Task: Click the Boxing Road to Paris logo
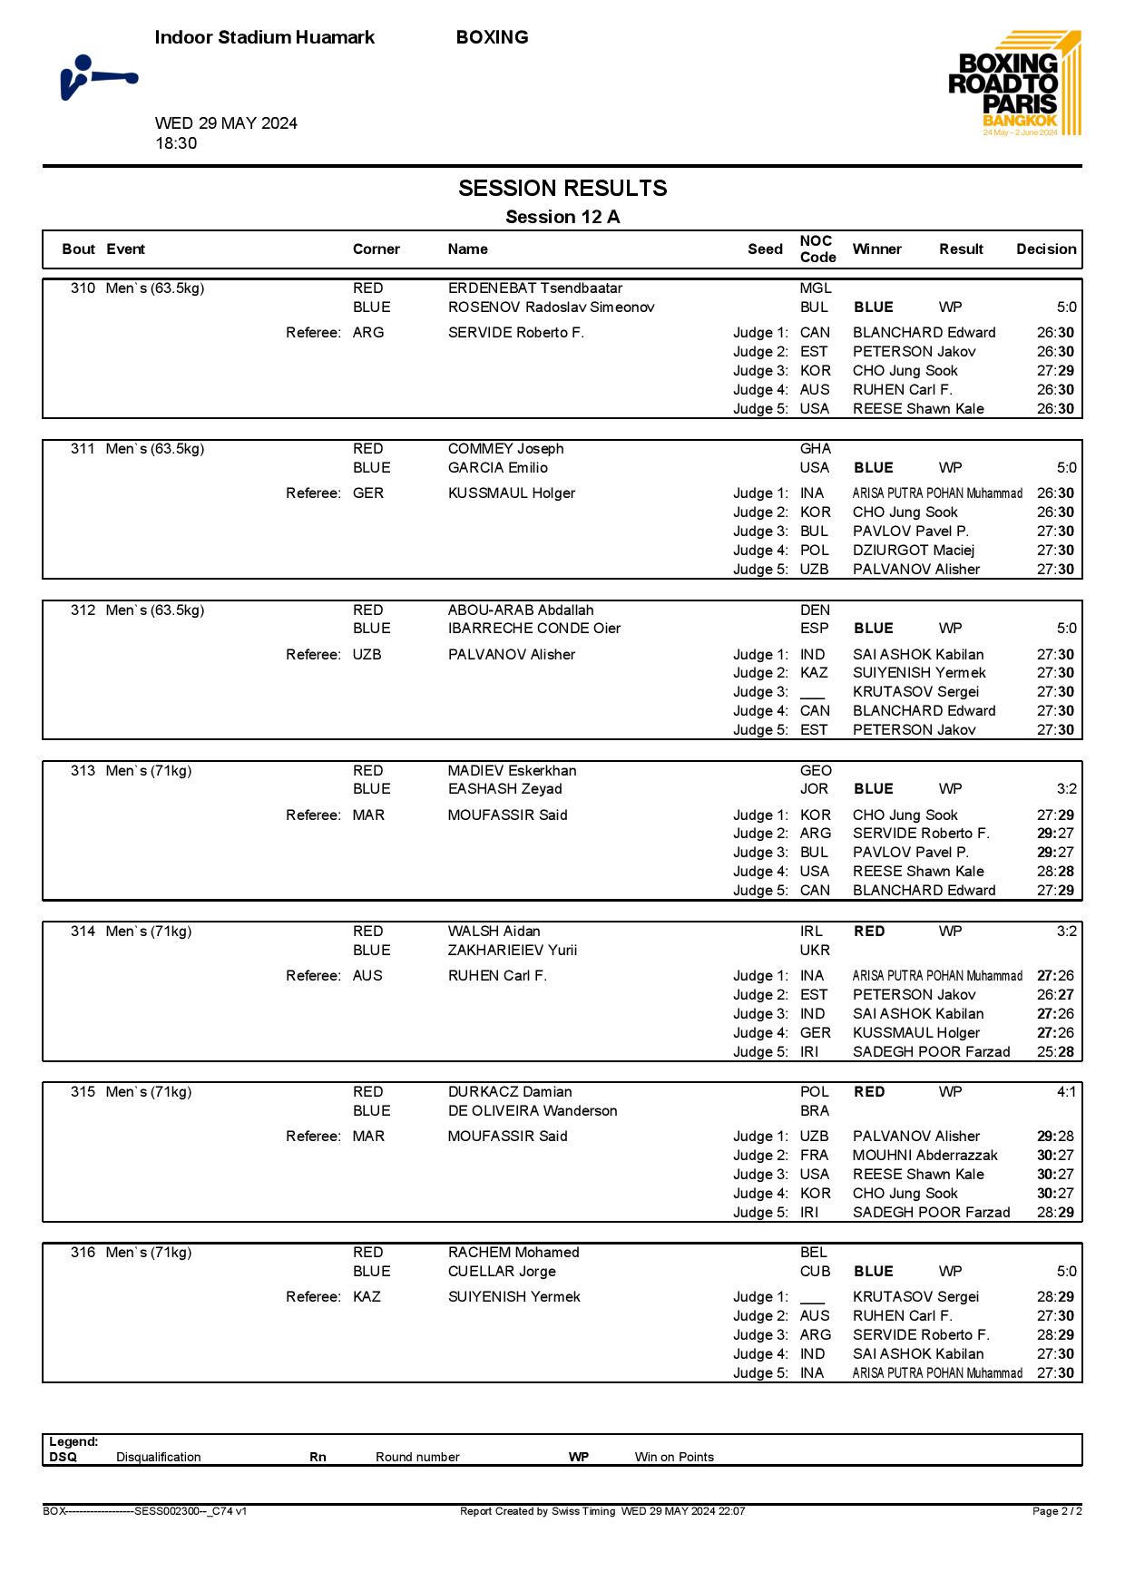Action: [1014, 84]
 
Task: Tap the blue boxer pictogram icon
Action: [97, 78]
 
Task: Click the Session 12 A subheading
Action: [562, 217]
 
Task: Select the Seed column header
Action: [765, 249]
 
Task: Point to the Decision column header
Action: [1045, 249]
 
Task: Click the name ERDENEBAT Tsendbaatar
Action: [534, 288]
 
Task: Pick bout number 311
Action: [83, 449]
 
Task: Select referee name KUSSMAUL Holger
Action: [512, 493]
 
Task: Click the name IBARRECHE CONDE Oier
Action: [533, 629]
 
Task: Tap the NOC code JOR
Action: [814, 789]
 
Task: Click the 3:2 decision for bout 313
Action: [1066, 789]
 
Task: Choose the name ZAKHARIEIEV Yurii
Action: [512, 951]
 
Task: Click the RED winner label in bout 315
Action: [869, 1092]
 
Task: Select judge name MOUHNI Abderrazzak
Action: [924, 1156]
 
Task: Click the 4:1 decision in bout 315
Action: [1066, 1092]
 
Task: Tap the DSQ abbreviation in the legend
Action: [63, 1458]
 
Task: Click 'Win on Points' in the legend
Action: [674, 1458]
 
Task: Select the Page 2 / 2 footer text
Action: [1057, 1511]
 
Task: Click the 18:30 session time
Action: [176, 143]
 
